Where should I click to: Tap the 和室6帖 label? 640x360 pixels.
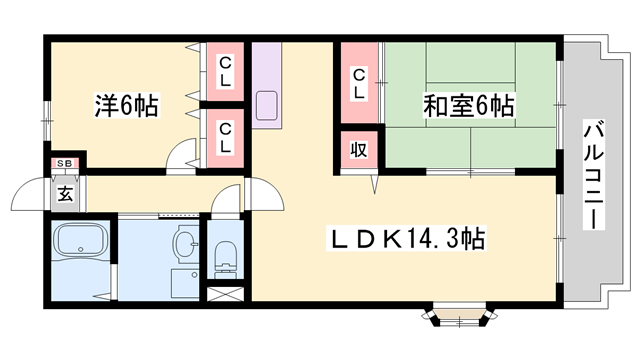pyautogui.click(x=468, y=105)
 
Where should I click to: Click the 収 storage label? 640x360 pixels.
pyautogui.click(x=357, y=152)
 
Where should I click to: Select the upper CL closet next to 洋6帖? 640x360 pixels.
pyautogui.click(x=227, y=72)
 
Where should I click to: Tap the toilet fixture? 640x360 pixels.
pyautogui.click(x=225, y=255)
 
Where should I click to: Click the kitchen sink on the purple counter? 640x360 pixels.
pyautogui.click(x=267, y=106)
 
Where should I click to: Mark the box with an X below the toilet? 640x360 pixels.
pyautogui.click(x=225, y=295)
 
